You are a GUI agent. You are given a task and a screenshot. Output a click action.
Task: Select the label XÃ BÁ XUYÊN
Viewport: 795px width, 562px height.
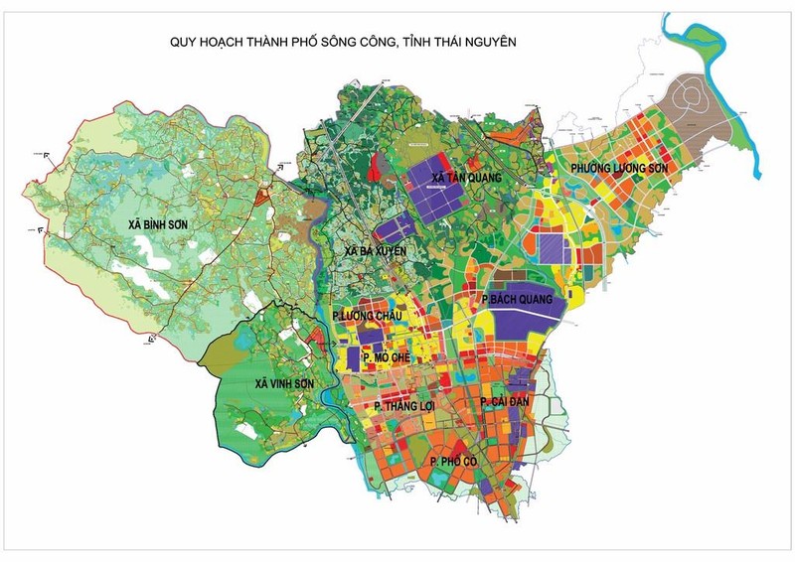pos(375,252)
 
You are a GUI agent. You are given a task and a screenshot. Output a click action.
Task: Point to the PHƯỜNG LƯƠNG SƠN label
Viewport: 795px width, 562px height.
pos(619,170)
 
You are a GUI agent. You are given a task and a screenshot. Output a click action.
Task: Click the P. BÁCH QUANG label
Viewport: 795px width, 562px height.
pos(518,298)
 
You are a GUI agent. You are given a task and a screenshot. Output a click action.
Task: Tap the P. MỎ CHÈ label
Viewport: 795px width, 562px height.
pos(388,356)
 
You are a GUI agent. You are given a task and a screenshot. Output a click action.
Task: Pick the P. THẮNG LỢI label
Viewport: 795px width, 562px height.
pos(405,406)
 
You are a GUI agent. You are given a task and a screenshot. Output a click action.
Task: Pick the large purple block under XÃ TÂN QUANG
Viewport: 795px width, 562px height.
pos(437,194)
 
